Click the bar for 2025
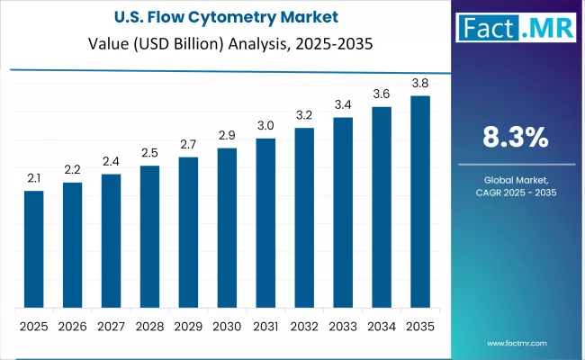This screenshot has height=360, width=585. pyautogui.click(x=33, y=249)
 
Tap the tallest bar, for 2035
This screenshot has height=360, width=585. pyautogui.click(x=419, y=202)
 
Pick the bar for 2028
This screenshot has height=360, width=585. pyautogui.click(x=149, y=237)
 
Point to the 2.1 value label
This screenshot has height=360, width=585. pyautogui.click(x=33, y=179)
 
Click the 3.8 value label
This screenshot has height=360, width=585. pyautogui.click(x=419, y=84)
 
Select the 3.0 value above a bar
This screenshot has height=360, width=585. pyautogui.click(x=265, y=126)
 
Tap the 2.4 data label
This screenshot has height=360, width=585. pyautogui.click(x=111, y=162)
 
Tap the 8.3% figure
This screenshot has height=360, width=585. pyautogui.click(x=517, y=137)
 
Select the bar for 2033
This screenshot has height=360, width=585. pyautogui.click(x=343, y=212)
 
